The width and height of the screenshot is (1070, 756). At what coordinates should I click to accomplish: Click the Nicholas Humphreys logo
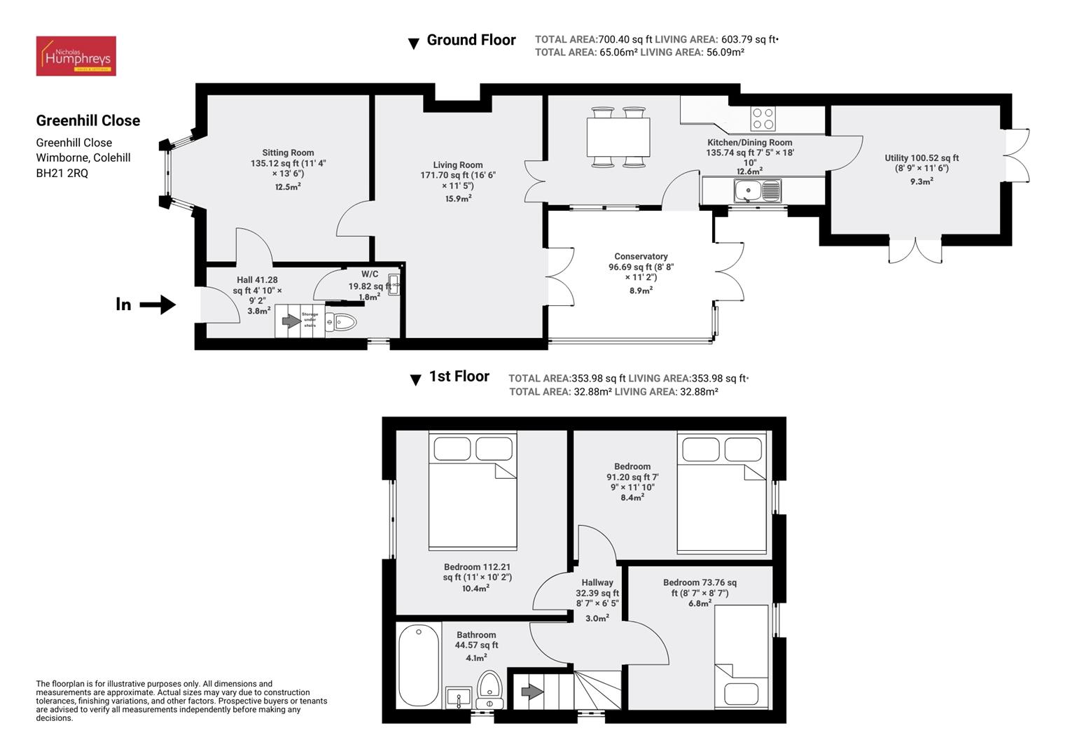tap(76, 56)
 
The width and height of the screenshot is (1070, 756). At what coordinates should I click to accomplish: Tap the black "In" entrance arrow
tap(159, 304)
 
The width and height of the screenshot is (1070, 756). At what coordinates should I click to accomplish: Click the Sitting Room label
tap(288, 153)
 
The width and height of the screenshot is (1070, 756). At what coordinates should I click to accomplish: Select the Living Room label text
tap(457, 165)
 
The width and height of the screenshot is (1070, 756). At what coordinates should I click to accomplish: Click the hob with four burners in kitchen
tap(763, 118)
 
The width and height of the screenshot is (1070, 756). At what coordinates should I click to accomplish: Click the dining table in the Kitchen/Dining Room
tap(618, 137)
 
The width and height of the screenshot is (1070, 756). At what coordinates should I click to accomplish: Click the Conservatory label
tap(641, 257)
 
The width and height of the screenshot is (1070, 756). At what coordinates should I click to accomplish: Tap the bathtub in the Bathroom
tap(419, 666)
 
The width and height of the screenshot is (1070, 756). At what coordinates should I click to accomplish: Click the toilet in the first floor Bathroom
tap(489, 689)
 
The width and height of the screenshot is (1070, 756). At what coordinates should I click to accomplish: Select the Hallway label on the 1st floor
tap(597, 582)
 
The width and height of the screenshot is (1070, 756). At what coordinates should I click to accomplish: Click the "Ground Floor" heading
tap(471, 41)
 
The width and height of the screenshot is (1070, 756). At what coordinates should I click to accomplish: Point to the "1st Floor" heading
tap(459, 377)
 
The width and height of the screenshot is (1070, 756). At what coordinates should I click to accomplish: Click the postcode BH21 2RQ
tap(62, 173)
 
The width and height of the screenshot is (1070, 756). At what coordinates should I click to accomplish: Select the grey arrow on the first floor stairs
tap(532, 692)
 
